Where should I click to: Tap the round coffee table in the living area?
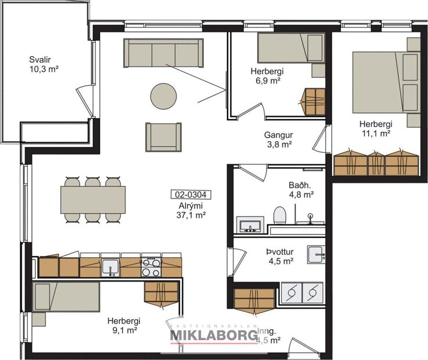pyautogui.click(x=163, y=96)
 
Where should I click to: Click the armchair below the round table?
pyautogui.click(x=163, y=137)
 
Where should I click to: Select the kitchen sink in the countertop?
pyautogui.click(x=110, y=267)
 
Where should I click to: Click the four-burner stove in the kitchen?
pyautogui.click(x=151, y=267)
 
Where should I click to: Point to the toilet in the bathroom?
pyautogui.click(x=279, y=215)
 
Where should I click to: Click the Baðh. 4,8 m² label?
pyautogui.click(x=301, y=190)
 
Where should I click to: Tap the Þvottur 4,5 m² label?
pyautogui.click(x=279, y=256)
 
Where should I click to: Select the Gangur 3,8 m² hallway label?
pyautogui.click(x=278, y=140)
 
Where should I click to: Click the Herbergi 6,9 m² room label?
pyautogui.click(x=267, y=76)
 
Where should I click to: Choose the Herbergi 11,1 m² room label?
pyautogui.click(x=375, y=128)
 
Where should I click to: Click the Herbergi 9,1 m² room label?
pyautogui.click(x=124, y=325)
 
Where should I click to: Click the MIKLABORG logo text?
pyautogui.click(x=214, y=336)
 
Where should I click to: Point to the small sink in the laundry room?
pyautogui.click(x=316, y=252)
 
